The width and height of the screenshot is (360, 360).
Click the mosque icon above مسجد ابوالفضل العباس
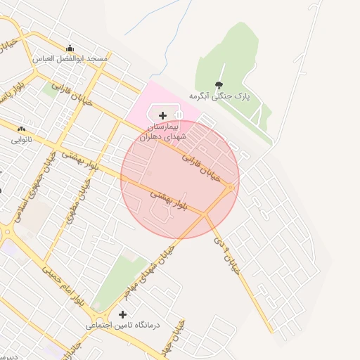[x=70, y=49]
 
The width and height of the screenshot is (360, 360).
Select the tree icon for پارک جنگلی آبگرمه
[x=219, y=84]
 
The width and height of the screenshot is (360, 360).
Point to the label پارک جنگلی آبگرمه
[x=224, y=95]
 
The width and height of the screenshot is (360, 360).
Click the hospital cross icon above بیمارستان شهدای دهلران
[x=163, y=115]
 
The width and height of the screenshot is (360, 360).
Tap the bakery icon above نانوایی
[x=20, y=129]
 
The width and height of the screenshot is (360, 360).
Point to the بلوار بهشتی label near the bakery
[x=78, y=155]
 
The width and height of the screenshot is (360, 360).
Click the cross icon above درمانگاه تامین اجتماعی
[x=123, y=314]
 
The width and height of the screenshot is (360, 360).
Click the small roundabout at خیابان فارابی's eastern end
[x=230, y=187]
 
